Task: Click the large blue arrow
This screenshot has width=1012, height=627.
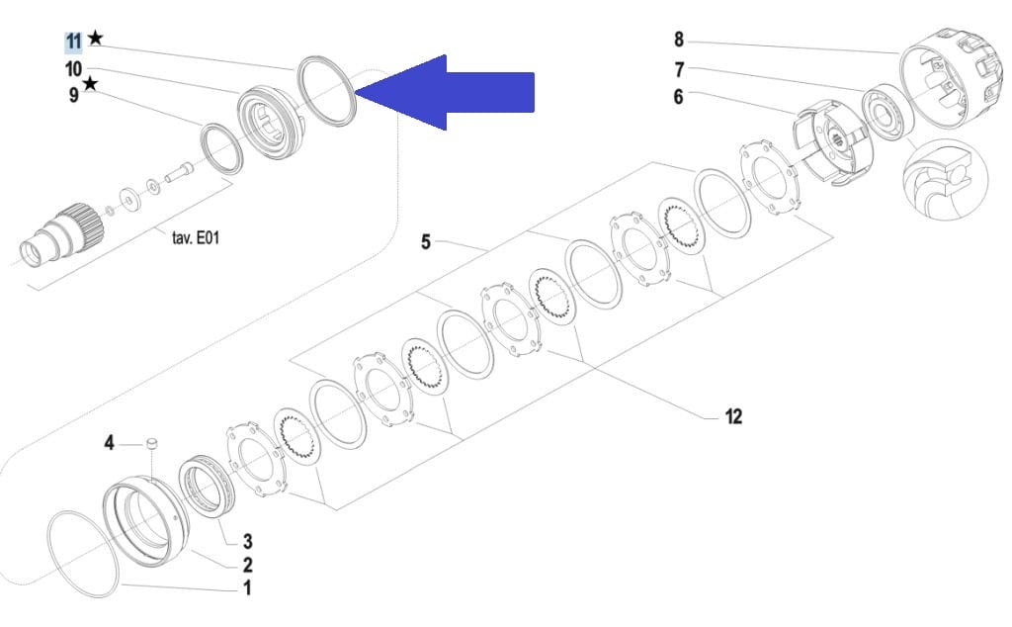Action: (445, 92)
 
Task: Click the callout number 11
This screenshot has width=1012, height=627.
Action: (73, 42)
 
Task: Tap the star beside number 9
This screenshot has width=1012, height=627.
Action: (90, 83)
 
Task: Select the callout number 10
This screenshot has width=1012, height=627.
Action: (73, 68)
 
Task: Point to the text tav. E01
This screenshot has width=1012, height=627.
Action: (196, 237)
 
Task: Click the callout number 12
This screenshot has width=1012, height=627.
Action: (734, 416)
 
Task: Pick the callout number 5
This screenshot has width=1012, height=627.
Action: (425, 242)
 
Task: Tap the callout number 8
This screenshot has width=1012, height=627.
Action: (678, 40)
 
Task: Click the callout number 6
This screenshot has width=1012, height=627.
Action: (678, 96)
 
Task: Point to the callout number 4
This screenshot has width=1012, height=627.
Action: (109, 443)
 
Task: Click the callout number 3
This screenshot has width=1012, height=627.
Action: (247, 541)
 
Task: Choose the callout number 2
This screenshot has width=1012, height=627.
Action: (247, 565)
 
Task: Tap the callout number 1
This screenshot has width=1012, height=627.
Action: (246, 588)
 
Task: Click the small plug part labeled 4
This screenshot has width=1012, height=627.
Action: (152, 444)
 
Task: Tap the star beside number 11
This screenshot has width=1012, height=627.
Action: (95, 39)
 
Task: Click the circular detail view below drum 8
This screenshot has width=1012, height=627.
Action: (946, 180)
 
